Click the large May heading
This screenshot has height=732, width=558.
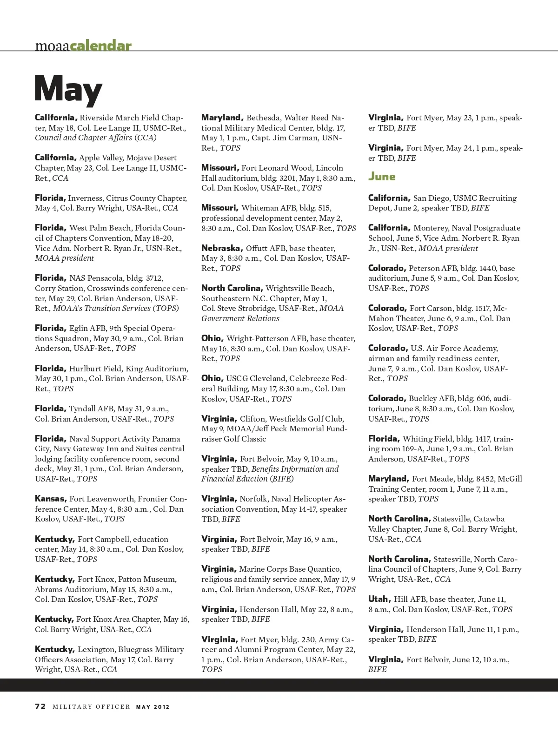click(x=68, y=89)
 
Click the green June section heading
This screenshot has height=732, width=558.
click(x=382, y=177)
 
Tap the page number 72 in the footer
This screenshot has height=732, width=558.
click(x=40, y=706)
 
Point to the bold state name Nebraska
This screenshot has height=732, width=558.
click(x=222, y=248)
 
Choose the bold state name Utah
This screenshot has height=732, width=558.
click(x=379, y=599)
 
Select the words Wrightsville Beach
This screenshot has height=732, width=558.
click(x=299, y=288)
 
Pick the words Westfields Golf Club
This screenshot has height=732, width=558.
click(x=306, y=419)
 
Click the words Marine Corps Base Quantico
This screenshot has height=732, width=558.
click(x=290, y=569)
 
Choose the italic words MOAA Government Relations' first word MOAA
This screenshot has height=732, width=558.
click(x=332, y=308)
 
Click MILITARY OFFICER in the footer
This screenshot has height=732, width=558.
click(x=91, y=707)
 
